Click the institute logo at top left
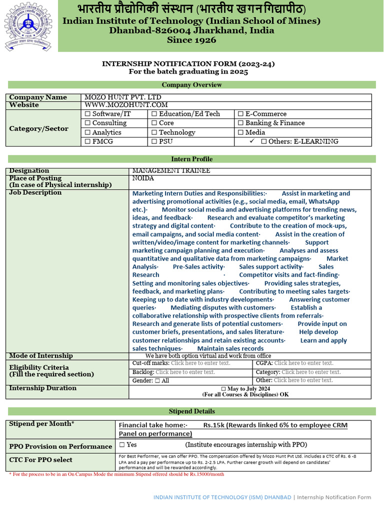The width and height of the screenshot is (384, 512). pyautogui.click(x=28, y=25)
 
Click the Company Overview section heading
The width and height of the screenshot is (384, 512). pyautogui.click(x=191, y=84)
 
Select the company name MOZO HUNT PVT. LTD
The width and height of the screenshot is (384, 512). pyautogui.click(x=123, y=97)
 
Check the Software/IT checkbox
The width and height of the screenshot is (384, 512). pyautogui.click(x=88, y=114)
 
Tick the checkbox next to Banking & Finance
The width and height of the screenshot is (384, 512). pyautogui.click(x=240, y=123)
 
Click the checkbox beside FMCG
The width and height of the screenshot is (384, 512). pyautogui.click(x=88, y=141)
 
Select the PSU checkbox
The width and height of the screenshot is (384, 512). pyautogui.click(x=154, y=141)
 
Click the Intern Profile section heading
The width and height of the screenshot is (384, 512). pyautogui.click(x=191, y=159)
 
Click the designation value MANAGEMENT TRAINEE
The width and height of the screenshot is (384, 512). pyautogui.click(x=171, y=171)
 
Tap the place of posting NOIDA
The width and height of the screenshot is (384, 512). pyautogui.click(x=143, y=178)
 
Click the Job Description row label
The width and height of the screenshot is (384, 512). pyautogui.click(x=35, y=192)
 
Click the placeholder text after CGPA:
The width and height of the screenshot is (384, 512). pyautogui.click(x=303, y=363)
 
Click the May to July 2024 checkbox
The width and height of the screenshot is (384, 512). pyautogui.click(x=223, y=388)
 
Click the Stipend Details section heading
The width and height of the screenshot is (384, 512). pyautogui.click(x=191, y=411)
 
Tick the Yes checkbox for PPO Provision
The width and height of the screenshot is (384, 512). pyautogui.click(x=122, y=444)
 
